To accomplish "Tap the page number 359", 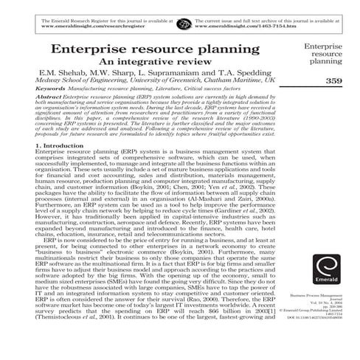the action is click(x=333, y=80).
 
